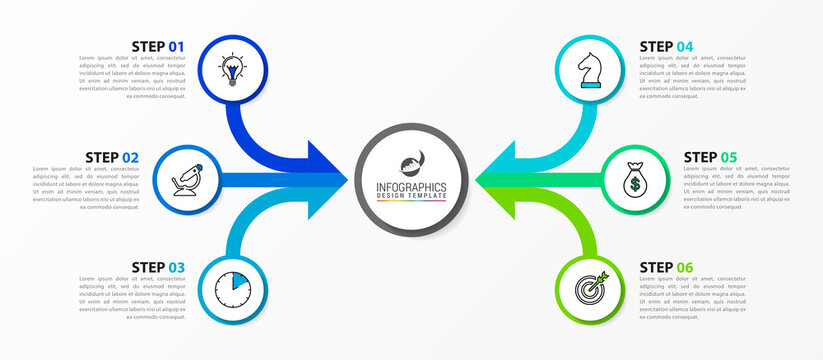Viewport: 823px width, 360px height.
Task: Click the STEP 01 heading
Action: [158, 46]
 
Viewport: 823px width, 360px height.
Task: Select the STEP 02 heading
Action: [112, 157]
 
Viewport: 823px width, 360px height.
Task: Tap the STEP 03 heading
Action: [158, 267]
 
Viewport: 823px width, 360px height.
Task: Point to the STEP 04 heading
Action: [666, 46]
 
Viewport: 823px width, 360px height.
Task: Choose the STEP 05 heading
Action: [711, 157]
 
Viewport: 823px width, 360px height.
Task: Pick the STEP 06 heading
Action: [666, 267]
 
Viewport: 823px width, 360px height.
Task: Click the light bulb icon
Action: [234, 70]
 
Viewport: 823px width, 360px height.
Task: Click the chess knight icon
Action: [590, 70]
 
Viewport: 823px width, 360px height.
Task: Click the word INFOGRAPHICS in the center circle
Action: [412, 186]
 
